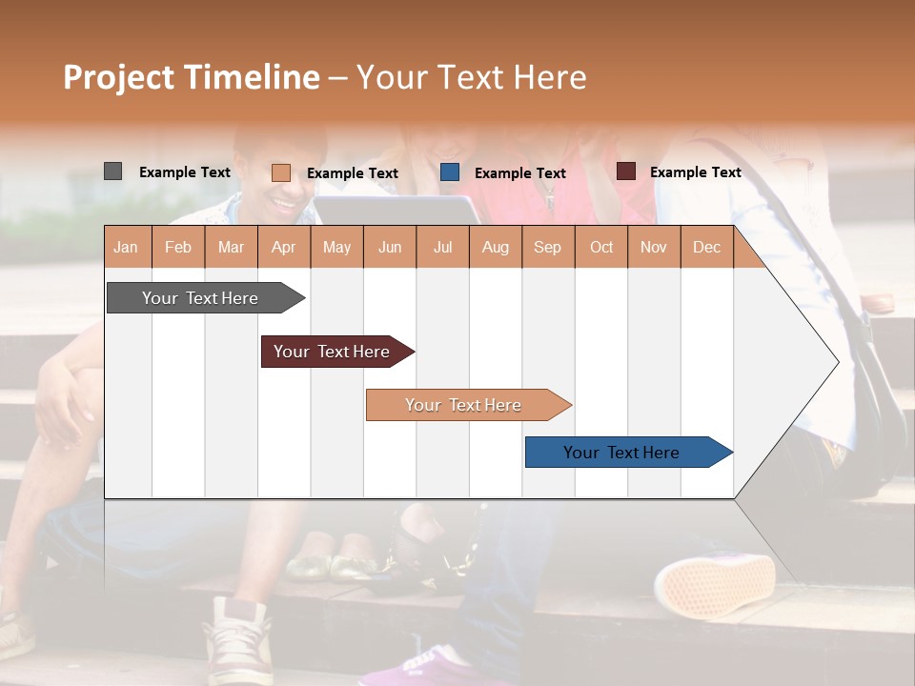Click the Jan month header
(x=126, y=247)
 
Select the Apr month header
(x=283, y=247)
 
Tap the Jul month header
(x=442, y=247)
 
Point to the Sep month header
(x=547, y=247)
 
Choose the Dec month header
(x=706, y=247)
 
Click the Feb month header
(x=178, y=247)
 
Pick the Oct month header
(x=601, y=247)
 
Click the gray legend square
(x=112, y=171)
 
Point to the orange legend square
(x=280, y=172)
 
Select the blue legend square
(x=450, y=172)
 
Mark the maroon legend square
(x=625, y=171)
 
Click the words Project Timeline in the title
(x=192, y=77)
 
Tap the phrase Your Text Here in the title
(x=471, y=77)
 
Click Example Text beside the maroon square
(x=695, y=172)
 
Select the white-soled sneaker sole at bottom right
(x=715, y=586)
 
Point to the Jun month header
(x=390, y=247)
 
